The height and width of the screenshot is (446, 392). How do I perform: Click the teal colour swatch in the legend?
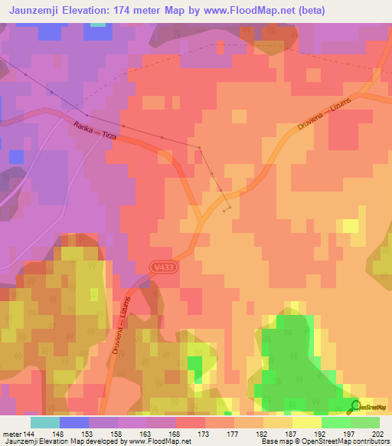pos(45,422)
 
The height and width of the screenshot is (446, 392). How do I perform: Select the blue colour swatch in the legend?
pos(74,422)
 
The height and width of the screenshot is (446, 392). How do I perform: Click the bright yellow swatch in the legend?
pos(306,422)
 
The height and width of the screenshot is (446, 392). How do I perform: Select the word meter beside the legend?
pos(12,434)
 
